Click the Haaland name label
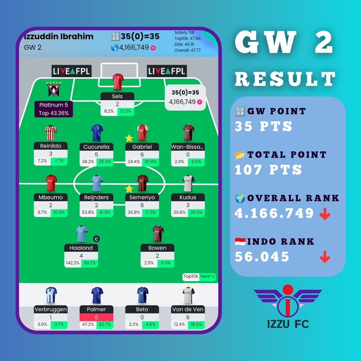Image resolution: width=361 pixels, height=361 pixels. (x=81, y=248)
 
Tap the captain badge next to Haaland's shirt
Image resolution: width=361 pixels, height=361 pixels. (x=96, y=239)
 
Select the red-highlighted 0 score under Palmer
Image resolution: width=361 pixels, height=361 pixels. (x=96, y=317)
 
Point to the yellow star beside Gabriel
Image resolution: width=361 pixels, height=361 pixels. (x=129, y=138)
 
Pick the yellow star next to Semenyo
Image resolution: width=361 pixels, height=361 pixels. (x=129, y=189)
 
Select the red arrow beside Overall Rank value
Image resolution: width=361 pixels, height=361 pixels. (x=325, y=215)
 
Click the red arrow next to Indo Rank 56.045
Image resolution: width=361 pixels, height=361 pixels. (x=325, y=258)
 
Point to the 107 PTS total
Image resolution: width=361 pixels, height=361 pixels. (x=268, y=170)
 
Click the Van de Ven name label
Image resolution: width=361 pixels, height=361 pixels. (x=188, y=310)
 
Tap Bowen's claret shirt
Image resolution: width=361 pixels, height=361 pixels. (x=157, y=234)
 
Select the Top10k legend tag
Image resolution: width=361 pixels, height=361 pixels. (x=191, y=276)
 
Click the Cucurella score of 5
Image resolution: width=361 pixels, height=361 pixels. (x=96, y=155)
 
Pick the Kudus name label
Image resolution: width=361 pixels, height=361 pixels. (x=188, y=197)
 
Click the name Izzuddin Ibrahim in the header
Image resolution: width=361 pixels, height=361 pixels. (x=58, y=36)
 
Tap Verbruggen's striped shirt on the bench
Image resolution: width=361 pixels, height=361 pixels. (x=51, y=295)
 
